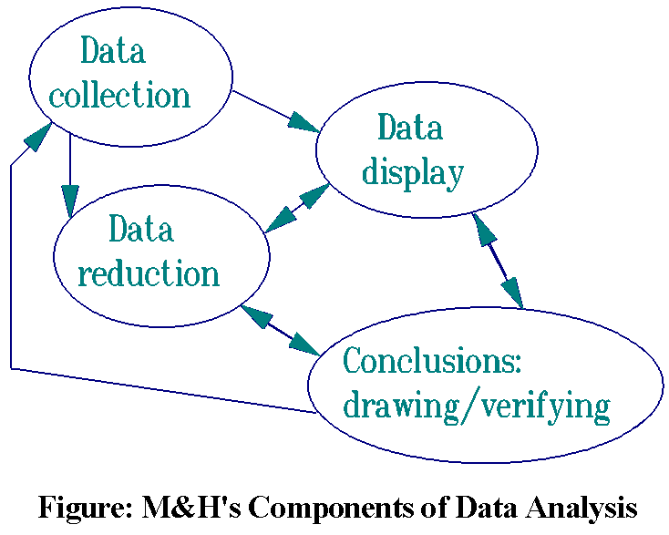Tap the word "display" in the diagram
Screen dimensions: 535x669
pyautogui.click(x=412, y=172)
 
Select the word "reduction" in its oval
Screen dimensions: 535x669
pyautogui.click(x=149, y=273)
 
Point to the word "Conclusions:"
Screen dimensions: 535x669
pyautogui.click(x=431, y=361)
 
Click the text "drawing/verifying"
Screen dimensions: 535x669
pyautogui.click(x=475, y=406)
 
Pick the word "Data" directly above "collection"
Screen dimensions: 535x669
pyautogui.click(x=112, y=51)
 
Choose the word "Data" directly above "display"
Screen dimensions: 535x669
pyautogui.click(x=410, y=128)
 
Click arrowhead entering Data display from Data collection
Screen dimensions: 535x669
pyautogui.click(x=304, y=122)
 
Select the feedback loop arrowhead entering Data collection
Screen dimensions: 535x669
pyautogui.click(x=37, y=135)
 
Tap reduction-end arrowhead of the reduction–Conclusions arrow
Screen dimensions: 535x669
pyautogui.click(x=256, y=316)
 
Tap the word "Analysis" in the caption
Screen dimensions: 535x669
pyautogui.click(x=580, y=506)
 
